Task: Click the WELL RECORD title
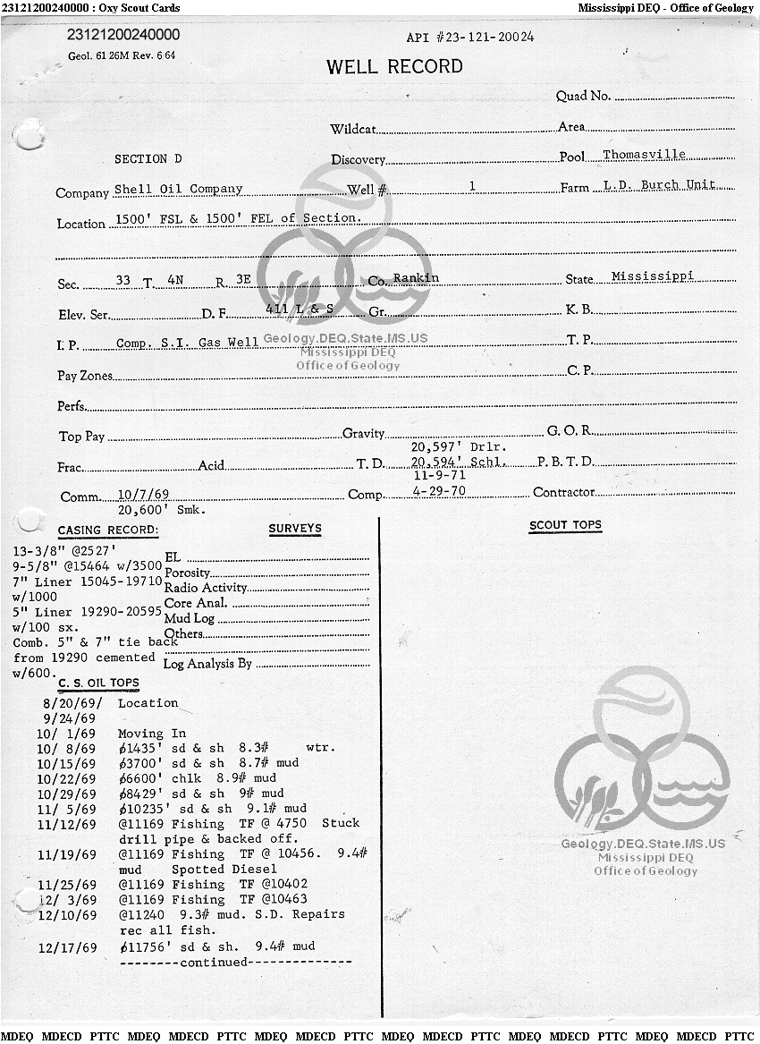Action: point(394,67)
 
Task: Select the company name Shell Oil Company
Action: point(179,190)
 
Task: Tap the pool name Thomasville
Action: point(644,155)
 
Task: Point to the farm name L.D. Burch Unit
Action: point(660,185)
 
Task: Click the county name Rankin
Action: point(416,278)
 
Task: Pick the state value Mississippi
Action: point(653,276)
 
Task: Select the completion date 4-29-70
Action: point(438,492)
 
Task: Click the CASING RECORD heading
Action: point(108,530)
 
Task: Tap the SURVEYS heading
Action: point(294,529)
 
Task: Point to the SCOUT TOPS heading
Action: point(565,525)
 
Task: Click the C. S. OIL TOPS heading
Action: point(98,683)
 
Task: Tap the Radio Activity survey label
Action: point(206,588)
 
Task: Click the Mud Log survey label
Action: point(190,618)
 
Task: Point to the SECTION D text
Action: point(148,159)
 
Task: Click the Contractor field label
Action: point(563,492)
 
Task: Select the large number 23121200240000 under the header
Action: point(123,35)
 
